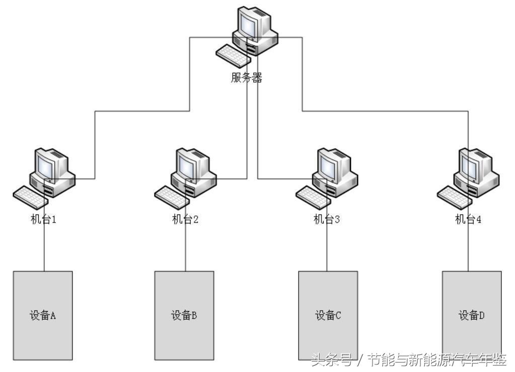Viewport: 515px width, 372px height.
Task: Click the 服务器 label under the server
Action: (247, 78)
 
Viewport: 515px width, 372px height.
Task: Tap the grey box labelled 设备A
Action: (43, 316)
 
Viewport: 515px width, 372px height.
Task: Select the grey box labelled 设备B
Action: (184, 316)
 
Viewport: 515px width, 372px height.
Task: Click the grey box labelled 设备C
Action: (328, 316)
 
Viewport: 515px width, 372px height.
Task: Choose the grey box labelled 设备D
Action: (472, 316)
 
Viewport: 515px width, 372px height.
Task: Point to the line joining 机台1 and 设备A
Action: (44, 249)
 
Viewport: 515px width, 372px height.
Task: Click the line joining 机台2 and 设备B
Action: (185, 249)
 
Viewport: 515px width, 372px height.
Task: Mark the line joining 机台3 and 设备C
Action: (327, 249)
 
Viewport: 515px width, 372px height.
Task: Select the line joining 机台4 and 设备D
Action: (468, 249)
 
